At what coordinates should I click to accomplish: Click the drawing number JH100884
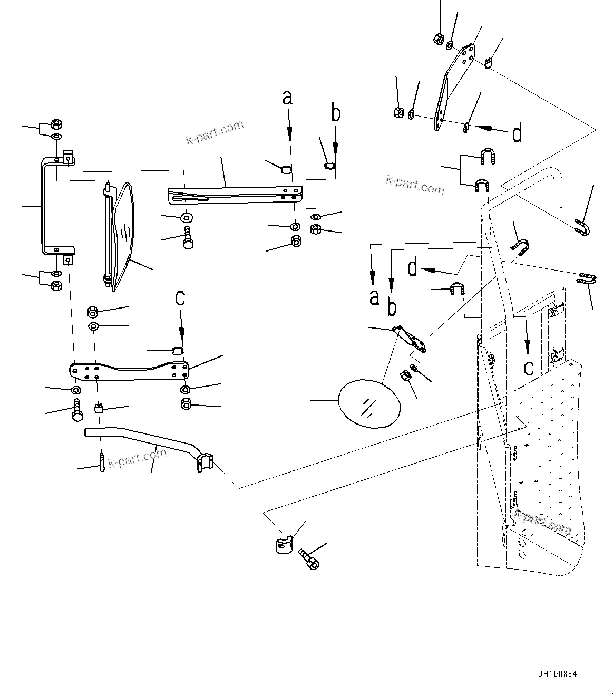point(558,674)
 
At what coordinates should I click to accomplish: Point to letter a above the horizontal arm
point(287,98)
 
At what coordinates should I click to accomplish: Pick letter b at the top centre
point(335,113)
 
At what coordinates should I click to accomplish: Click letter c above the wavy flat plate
point(180,297)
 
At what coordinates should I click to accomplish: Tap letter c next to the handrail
point(529,367)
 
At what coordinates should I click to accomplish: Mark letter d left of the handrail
point(413,268)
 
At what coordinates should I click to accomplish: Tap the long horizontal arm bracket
point(232,192)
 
